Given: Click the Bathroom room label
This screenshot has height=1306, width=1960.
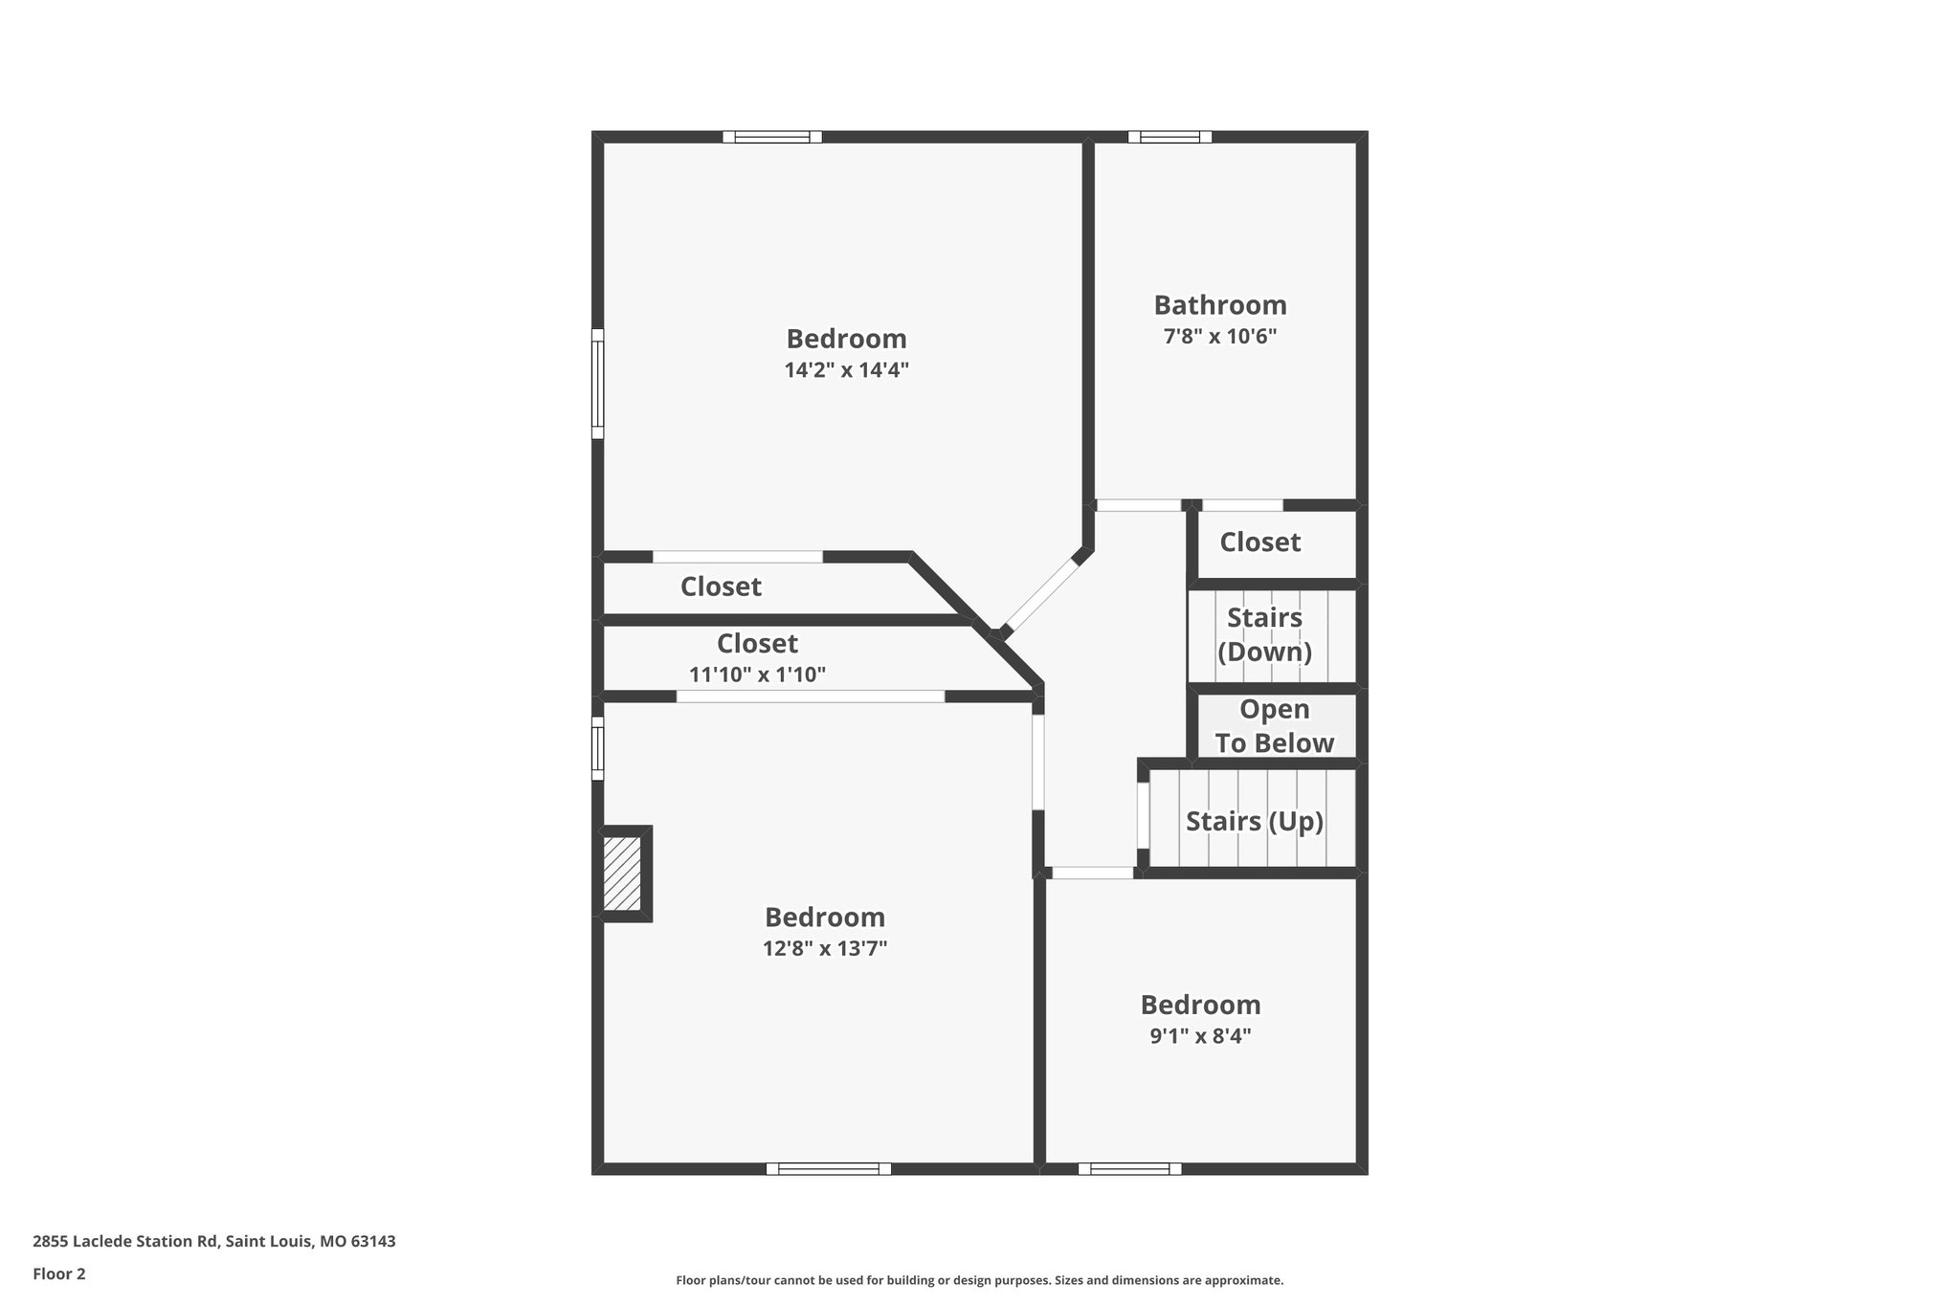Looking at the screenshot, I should pyautogui.click(x=1219, y=305).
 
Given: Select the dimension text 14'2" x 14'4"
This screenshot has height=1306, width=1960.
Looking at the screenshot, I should pyautogui.click(x=846, y=370).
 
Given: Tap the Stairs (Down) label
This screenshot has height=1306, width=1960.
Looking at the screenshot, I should pyautogui.click(x=1264, y=635).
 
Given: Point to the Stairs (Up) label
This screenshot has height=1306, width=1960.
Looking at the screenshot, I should pyautogui.click(x=1254, y=821).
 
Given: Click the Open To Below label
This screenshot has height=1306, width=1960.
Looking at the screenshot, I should pyautogui.click(x=1274, y=726).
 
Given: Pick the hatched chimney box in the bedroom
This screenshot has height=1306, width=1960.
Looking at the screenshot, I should pyautogui.click(x=622, y=874).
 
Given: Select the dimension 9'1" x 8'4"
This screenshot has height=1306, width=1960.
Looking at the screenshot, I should pyautogui.click(x=1200, y=1036).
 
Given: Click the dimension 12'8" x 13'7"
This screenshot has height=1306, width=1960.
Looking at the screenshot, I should pyautogui.click(x=824, y=949).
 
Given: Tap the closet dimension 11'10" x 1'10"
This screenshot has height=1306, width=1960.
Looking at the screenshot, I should pyautogui.click(x=757, y=675).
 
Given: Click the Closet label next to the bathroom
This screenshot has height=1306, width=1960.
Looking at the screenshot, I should pyautogui.click(x=1259, y=542).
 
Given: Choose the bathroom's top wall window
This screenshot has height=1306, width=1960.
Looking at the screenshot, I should pyautogui.click(x=1169, y=137).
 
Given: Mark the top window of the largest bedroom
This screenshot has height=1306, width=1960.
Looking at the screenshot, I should pyautogui.click(x=771, y=137).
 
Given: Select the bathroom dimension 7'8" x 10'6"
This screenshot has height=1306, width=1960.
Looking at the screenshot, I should pyautogui.click(x=1219, y=337).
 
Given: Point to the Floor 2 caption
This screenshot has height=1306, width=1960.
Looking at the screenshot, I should pyautogui.click(x=59, y=1273).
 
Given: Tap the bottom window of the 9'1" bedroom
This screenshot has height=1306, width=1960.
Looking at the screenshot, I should pyautogui.click(x=1129, y=1168).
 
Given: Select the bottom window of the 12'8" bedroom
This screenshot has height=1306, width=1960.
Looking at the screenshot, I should pyautogui.click(x=828, y=1168).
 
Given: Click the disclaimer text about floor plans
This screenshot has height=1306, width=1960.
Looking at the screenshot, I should pyautogui.click(x=979, y=1280).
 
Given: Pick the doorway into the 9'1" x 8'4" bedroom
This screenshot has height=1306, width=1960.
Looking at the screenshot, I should pyautogui.click(x=1092, y=873).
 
